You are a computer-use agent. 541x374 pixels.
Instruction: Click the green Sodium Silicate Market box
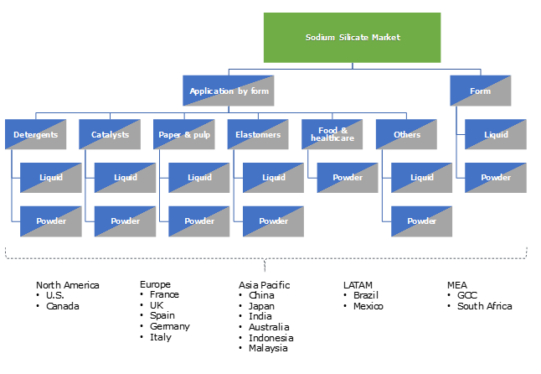[x=353, y=38]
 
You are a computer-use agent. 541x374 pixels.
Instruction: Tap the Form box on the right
[x=480, y=91]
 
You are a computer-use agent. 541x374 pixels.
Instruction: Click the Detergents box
[x=35, y=134]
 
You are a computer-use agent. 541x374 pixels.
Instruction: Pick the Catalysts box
[x=110, y=134]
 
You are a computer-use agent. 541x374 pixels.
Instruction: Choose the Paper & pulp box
[x=183, y=134]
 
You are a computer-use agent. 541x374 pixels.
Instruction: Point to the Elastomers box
[x=257, y=134]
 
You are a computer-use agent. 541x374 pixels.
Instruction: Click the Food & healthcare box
[x=332, y=134]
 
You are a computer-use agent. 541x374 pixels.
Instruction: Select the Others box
[x=406, y=134]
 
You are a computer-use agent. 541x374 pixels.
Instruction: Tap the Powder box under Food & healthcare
[x=347, y=177]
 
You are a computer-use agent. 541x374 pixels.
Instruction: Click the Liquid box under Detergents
[x=50, y=177]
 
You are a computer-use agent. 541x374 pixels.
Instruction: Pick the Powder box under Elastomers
[x=273, y=221]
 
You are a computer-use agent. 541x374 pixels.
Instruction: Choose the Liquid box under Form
[x=496, y=134]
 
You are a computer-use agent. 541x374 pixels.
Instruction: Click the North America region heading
[x=67, y=285]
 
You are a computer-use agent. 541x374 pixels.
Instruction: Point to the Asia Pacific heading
[x=264, y=285]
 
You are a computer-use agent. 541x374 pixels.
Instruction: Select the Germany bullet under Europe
[x=169, y=326]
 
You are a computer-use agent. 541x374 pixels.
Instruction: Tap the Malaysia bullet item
[x=268, y=347]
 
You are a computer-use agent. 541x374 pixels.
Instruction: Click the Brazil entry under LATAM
[x=367, y=295]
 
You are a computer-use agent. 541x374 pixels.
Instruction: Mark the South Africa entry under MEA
[x=484, y=306]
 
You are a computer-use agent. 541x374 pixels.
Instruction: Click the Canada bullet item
[x=62, y=306]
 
